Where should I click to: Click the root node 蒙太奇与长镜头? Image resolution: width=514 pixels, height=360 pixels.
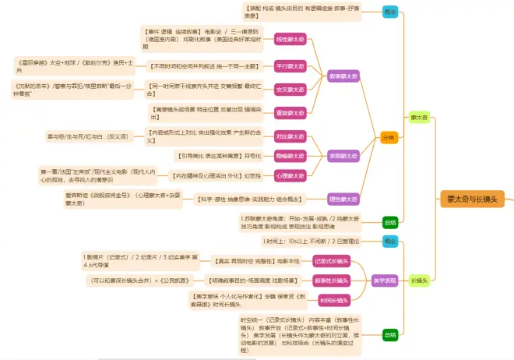click(471, 199)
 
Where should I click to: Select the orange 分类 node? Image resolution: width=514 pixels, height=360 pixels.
click(389, 137)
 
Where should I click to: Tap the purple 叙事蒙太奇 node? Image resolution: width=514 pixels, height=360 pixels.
click(343, 76)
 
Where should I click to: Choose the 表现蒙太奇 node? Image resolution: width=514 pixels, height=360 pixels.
click(343, 155)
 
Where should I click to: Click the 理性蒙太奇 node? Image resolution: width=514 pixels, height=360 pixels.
click(343, 198)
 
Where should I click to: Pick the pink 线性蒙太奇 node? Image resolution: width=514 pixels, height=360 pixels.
click(290, 38)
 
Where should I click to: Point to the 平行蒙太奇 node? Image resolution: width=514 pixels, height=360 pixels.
click(290, 65)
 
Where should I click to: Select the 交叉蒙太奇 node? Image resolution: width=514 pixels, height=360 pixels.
click(290, 90)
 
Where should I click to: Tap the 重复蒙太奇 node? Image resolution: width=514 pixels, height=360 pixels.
click(290, 112)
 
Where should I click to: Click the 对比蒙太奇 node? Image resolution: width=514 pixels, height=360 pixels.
click(290, 136)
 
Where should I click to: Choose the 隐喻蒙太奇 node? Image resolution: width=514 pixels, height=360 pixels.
click(290, 156)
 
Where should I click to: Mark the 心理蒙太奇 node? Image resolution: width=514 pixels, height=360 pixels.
click(290, 175)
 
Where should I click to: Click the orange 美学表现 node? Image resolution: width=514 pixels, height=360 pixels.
click(384, 280)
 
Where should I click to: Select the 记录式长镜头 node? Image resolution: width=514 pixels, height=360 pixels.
click(332, 260)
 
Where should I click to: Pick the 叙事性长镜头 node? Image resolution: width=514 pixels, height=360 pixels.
click(332, 280)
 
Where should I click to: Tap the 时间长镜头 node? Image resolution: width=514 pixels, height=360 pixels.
click(335, 300)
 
